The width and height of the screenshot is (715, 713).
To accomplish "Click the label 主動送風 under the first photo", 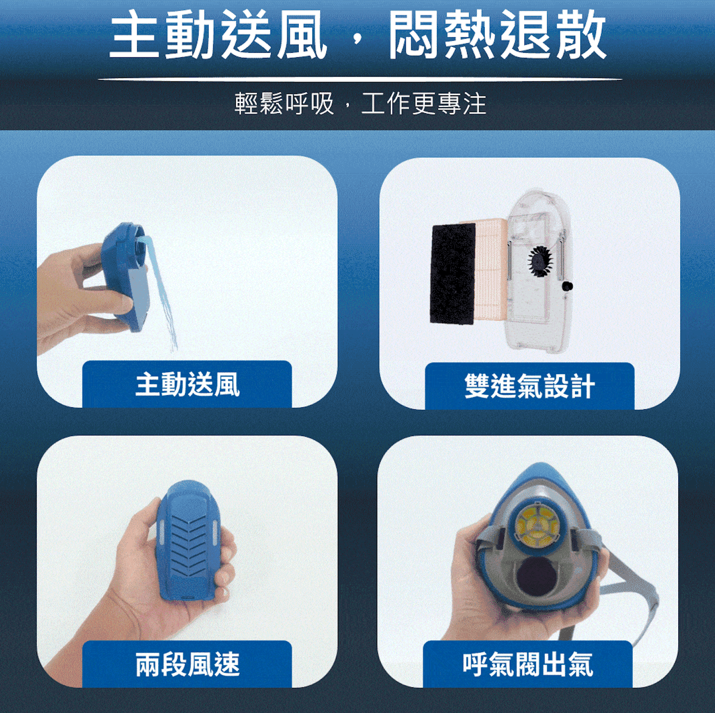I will tap(187, 385).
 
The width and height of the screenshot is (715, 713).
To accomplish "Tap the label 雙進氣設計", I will tap(529, 386).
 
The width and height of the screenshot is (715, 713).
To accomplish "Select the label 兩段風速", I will tap(187, 664).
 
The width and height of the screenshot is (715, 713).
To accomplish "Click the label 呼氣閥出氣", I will tap(528, 664).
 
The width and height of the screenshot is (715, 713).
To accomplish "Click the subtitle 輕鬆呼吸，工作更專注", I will tap(360, 104).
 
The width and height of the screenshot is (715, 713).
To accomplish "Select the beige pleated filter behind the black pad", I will tap(490, 272).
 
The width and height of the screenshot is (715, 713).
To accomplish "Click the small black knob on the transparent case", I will tap(567, 286).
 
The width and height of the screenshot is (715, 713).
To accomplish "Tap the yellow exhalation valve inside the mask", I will tap(538, 526).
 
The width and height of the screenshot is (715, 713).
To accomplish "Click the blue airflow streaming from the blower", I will tap(163, 297).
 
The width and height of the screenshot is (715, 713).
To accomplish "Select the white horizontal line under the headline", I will tap(360, 79).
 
